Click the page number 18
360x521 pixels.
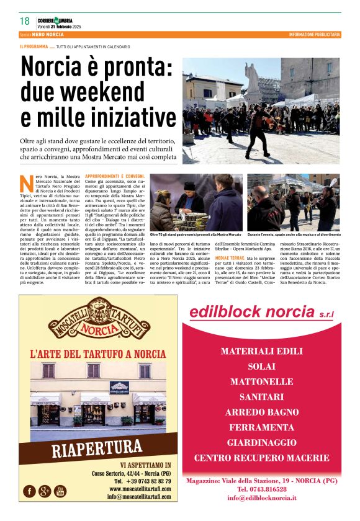(25, 21)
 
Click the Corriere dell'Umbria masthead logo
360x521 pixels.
(58, 20)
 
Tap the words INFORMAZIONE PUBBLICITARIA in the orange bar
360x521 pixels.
(314, 34)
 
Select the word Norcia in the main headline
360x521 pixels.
(52, 66)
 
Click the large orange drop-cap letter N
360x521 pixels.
(27, 183)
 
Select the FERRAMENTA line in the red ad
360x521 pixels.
(261, 427)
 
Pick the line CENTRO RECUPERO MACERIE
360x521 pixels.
(261, 458)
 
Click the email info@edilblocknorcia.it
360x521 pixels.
(261, 497)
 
